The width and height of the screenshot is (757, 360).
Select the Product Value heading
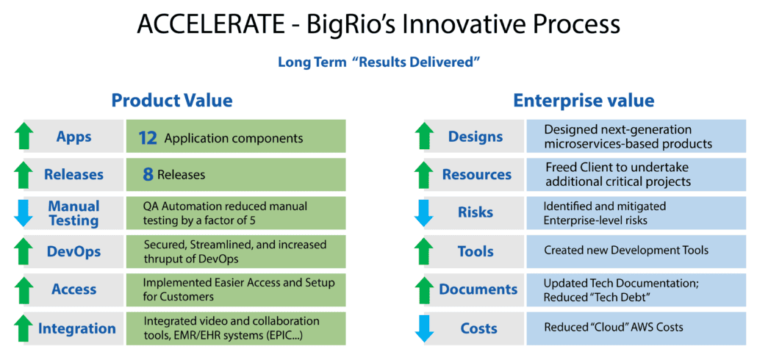171,101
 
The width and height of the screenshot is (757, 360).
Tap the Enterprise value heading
584,101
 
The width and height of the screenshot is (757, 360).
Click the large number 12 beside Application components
148,137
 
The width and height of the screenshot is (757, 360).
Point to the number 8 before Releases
148,175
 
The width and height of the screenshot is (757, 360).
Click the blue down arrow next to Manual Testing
25,213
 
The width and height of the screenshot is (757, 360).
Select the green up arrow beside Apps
25,137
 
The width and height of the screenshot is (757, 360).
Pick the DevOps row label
73,251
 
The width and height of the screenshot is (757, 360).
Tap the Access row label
73,289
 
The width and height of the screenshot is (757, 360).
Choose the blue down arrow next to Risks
425,213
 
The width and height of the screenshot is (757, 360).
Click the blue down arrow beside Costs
425,328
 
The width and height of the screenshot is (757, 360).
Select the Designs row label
476,137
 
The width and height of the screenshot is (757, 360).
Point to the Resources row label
476,175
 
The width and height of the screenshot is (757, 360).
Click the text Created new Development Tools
626,251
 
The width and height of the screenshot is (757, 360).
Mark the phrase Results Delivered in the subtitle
416,62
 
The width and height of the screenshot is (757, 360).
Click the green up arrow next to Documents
425,289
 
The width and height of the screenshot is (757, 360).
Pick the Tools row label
476,251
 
